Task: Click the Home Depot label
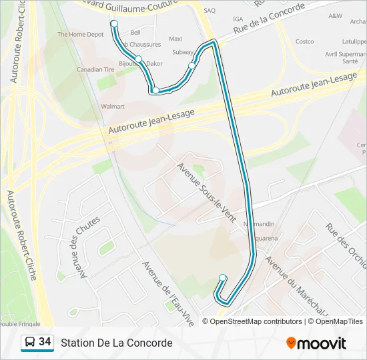[81, 34]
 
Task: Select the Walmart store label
[113, 106]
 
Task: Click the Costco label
[304, 41]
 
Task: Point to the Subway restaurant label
[183, 51]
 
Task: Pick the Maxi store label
[175, 39]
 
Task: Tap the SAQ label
[210, 11]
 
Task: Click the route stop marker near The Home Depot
[114, 24]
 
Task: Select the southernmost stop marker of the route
[222, 278]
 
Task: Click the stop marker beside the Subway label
[192, 65]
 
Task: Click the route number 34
[45, 342]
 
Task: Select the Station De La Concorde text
[117, 343]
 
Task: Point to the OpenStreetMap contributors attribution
[254, 321]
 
